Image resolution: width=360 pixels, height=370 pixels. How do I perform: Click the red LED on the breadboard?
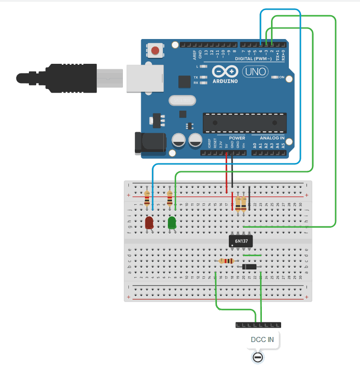point(149,223)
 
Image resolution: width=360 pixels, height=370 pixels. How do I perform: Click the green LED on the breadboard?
point(172,223)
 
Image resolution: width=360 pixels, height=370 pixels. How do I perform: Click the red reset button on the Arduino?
point(156,50)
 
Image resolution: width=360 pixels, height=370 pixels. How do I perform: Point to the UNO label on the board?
point(254,72)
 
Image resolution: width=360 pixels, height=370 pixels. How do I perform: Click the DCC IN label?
point(262,340)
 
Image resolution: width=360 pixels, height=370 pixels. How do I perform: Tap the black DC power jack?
point(149,142)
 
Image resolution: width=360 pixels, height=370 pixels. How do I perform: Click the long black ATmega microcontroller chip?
point(245,123)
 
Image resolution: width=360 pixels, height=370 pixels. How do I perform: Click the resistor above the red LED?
point(147,198)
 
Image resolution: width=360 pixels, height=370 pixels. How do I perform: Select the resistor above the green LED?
point(170,198)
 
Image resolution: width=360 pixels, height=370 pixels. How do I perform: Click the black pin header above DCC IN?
point(258,325)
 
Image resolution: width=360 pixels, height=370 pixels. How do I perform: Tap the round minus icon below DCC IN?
point(258,358)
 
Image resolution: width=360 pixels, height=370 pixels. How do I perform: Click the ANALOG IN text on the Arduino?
point(272,138)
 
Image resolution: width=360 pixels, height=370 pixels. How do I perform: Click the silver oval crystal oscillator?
point(182,100)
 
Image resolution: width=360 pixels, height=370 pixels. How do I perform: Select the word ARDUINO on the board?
point(225,81)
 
